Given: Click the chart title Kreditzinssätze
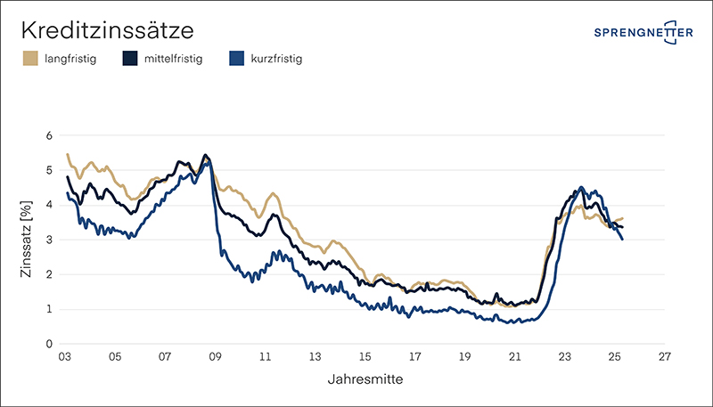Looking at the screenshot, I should tap(107, 31).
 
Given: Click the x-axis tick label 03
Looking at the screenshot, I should tap(65, 358).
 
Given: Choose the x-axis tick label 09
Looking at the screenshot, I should tap(215, 358).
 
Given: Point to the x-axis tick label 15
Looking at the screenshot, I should tap(365, 358).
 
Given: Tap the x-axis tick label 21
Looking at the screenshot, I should tap(514, 358).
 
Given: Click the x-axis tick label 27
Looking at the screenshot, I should tap(665, 358).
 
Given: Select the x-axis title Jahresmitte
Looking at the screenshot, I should tap(365, 379).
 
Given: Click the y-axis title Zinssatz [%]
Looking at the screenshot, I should tap(26, 240).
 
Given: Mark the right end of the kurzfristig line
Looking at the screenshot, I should tap(622, 240).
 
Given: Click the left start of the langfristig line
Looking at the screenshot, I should tap(68, 154).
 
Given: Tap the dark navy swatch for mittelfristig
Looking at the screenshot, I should tap(130, 60).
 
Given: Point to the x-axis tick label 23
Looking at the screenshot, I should tap(564, 358).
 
